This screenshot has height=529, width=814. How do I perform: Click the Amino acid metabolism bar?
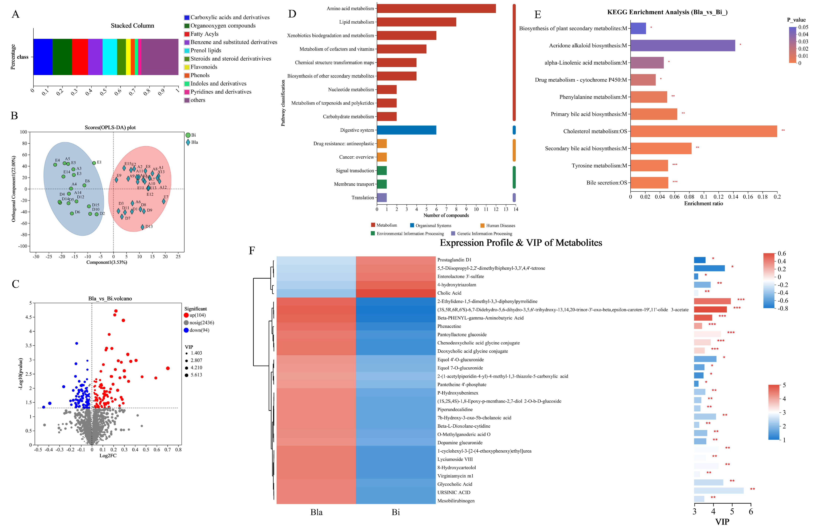point(436,9)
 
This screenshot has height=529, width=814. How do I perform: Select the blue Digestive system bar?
point(406,130)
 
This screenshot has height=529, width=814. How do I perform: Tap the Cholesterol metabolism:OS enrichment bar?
point(703,131)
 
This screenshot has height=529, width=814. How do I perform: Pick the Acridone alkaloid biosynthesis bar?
point(683,46)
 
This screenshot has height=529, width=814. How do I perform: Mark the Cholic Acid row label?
point(449,293)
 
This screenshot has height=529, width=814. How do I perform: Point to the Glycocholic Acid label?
point(454,484)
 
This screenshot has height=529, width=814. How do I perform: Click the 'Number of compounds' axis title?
point(446,215)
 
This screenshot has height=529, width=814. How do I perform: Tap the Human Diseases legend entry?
point(500,226)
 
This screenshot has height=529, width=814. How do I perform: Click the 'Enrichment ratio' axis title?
point(703,203)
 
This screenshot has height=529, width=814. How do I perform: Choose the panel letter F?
point(252,251)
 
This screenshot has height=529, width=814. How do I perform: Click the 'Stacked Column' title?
point(132,26)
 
